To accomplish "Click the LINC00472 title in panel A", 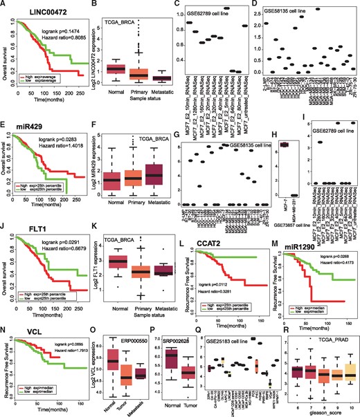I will pyautogui.click(x=38, y=14).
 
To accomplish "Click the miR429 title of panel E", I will pyautogui.click(x=30, y=140).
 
